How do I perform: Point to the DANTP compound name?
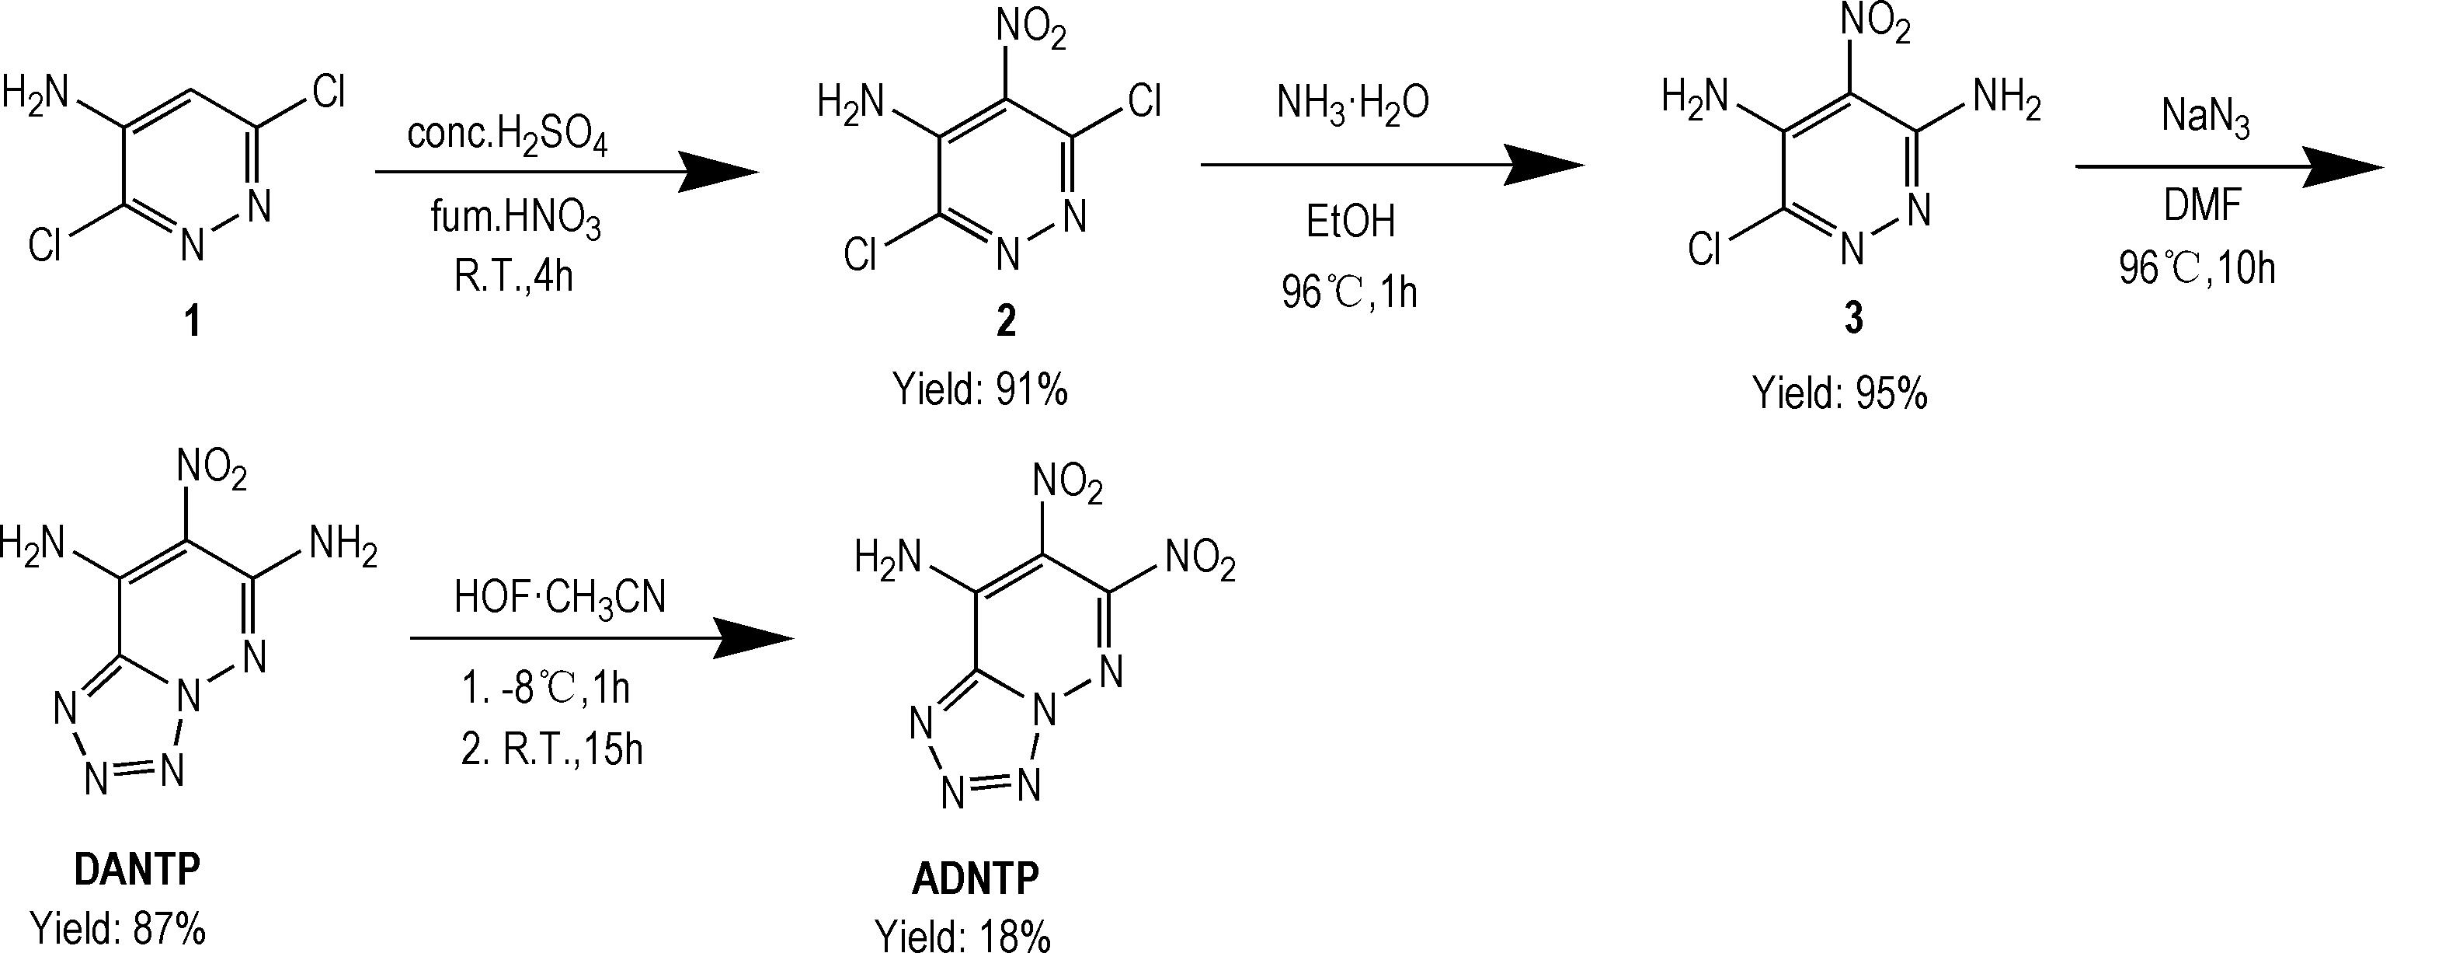click(x=137, y=868)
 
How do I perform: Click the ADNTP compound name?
click(x=976, y=879)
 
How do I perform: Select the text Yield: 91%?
click(x=980, y=389)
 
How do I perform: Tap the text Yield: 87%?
click(x=118, y=928)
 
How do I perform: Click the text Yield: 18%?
click(x=963, y=936)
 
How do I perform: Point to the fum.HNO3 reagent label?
click(x=517, y=221)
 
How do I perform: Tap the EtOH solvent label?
click(x=1350, y=222)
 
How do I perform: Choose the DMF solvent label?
click(x=2203, y=204)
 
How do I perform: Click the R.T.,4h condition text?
click(x=513, y=276)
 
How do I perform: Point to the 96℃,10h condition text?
click(x=2197, y=269)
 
